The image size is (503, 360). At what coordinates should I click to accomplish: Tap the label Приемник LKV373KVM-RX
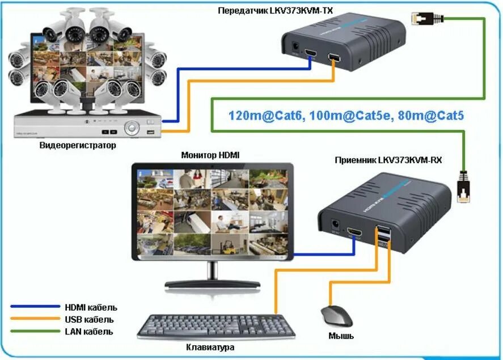(388, 160)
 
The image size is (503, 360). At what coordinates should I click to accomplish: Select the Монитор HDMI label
(210, 155)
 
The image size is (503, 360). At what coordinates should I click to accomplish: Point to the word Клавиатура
(210, 347)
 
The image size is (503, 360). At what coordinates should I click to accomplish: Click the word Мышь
(341, 336)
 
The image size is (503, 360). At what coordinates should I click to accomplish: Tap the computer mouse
(336, 316)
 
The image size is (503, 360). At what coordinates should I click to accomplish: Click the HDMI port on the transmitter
(311, 54)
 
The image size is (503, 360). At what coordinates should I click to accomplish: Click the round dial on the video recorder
(132, 128)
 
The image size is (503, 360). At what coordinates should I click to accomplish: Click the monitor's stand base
(213, 283)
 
